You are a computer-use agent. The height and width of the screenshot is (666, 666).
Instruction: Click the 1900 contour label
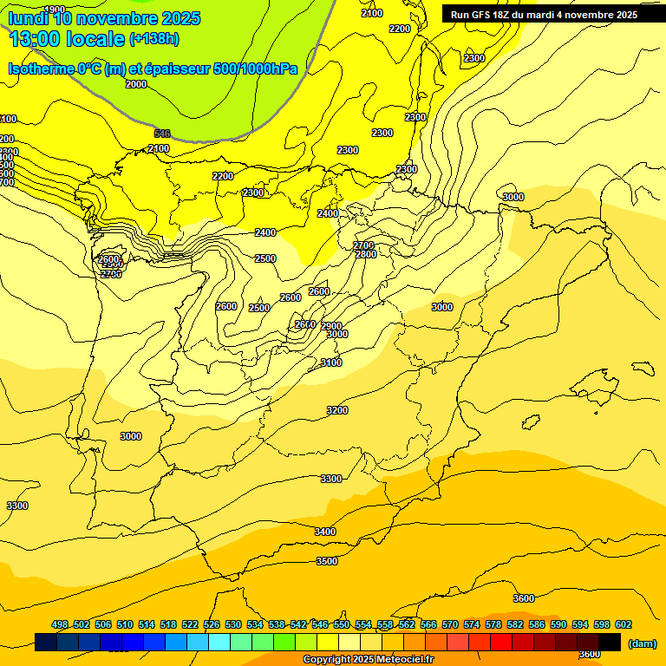tap(54, 10)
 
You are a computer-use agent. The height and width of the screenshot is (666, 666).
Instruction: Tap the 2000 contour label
tap(136, 84)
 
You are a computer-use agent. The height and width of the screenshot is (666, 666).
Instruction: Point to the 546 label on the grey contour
tap(162, 134)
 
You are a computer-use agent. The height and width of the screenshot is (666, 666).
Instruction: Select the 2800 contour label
tap(366, 254)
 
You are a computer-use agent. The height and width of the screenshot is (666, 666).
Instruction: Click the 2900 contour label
tap(331, 326)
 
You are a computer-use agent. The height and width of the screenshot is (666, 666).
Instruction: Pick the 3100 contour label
tap(331, 362)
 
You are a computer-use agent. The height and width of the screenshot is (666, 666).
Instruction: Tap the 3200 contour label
tap(337, 410)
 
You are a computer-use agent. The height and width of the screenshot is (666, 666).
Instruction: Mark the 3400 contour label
tap(325, 532)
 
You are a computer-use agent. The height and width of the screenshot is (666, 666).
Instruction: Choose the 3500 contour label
tap(327, 561)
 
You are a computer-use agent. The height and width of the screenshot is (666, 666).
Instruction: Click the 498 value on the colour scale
tap(60, 624)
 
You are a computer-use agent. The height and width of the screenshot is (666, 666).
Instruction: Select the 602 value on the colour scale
tap(624, 624)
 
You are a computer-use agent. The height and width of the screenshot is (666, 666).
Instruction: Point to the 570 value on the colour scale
tap(450, 624)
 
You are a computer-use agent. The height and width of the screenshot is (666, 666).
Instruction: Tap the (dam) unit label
tap(642, 643)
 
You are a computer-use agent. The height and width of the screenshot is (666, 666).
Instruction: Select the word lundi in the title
tap(28, 18)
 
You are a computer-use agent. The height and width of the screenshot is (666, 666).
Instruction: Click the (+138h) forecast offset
tap(154, 38)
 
